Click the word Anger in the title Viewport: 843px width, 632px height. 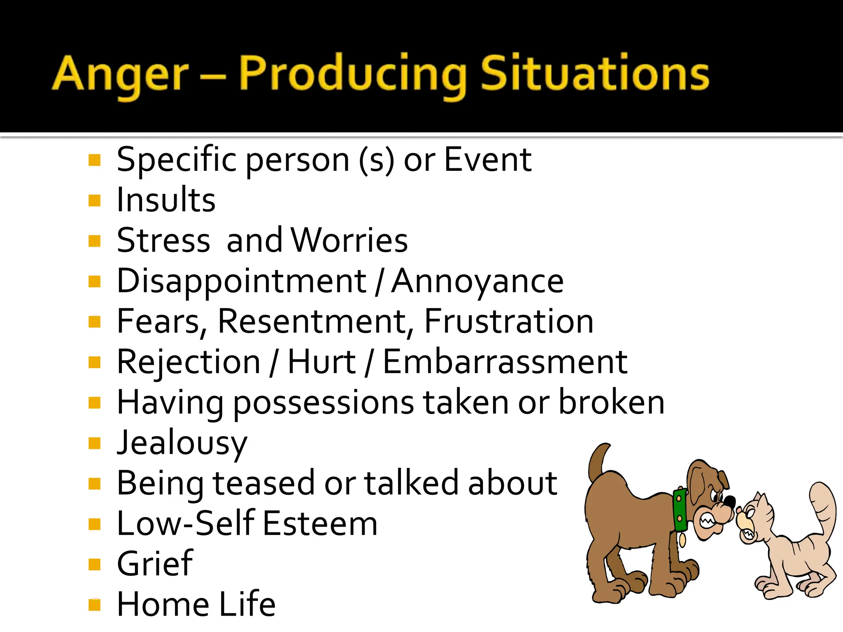(x=120, y=74)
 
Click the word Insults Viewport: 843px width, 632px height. (x=166, y=200)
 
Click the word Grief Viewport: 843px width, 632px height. (x=155, y=564)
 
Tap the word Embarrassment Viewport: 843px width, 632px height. (x=505, y=362)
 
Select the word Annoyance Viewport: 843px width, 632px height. (x=477, y=281)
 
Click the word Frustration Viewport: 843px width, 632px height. (x=509, y=321)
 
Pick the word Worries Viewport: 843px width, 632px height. (x=349, y=240)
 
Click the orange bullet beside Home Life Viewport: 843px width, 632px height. (x=95, y=605)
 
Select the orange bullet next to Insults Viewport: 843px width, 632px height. (x=95, y=200)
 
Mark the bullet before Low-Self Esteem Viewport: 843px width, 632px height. (x=95, y=524)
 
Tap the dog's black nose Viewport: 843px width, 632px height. (x=730, y=502)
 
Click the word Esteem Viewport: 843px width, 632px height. (x=320, y=524)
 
